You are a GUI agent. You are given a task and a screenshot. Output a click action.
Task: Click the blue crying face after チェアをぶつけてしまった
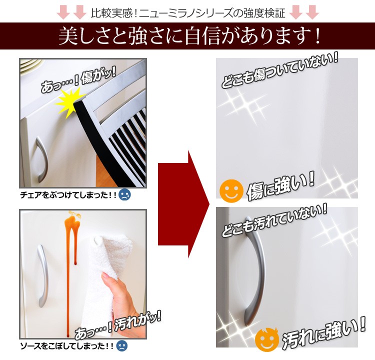point(124,195)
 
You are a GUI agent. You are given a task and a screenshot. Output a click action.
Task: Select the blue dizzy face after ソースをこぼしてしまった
point(122,346)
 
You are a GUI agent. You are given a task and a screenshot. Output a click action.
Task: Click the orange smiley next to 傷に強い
point(231,191)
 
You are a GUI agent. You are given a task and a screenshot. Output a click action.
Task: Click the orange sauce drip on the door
point(70,263)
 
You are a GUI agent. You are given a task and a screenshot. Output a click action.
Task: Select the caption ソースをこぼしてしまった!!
point(67,346)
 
